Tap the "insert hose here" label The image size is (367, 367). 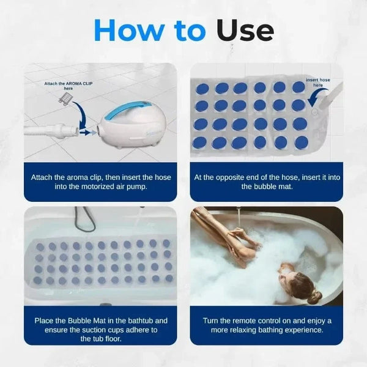point(317,83)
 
